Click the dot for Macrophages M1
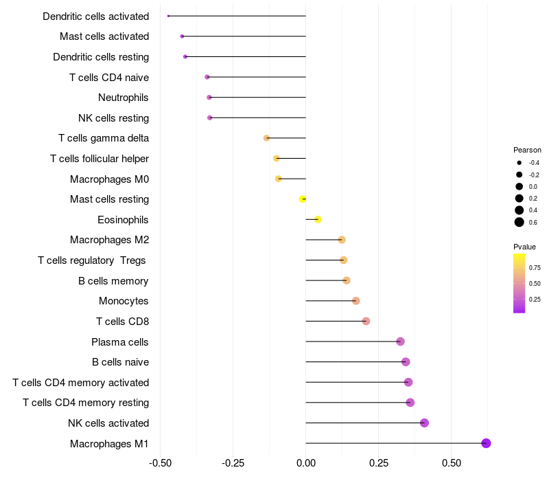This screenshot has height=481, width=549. coord(486,443)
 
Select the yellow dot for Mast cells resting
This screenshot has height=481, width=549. coord(303,199)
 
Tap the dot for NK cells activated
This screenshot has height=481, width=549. coord(424,423)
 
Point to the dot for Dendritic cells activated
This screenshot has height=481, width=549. coord(168,16)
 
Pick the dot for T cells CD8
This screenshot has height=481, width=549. coord(366,321)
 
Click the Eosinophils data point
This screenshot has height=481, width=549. coord(318,219)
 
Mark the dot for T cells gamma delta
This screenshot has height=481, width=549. coord(267,138)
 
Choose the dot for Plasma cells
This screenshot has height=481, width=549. coord(400,342)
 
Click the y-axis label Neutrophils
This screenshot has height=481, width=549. coord(124,98)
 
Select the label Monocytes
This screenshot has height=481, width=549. coord(124,301)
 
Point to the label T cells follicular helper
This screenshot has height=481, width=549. coord(100,159)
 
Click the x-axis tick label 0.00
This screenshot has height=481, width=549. coord(305,464)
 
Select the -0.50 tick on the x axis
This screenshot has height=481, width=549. coord(160,464)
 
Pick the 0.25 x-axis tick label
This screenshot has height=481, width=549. coord(378,464)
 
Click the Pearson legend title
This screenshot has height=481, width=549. coord(527,150)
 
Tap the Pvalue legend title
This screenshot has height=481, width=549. coord(524,247)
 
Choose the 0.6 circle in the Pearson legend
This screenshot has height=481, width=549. coord(519,222)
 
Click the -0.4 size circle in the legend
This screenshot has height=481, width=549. coord(519,163)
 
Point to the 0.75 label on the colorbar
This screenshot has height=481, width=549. coord(535,267)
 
